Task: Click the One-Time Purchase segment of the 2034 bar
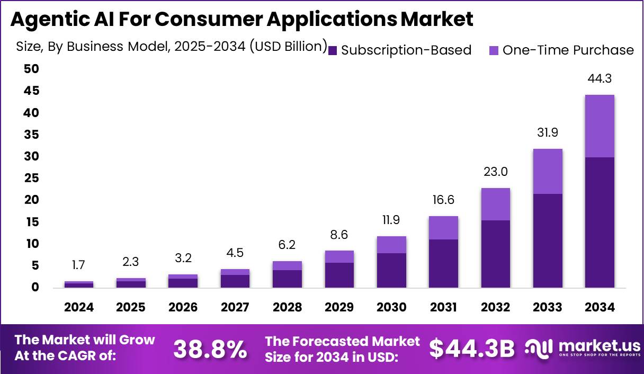pos(600,126)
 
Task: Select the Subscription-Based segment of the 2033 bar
pos(548,241)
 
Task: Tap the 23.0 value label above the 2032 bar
pos(496,172)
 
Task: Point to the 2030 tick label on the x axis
pos(391,308)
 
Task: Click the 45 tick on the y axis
pos(31,91)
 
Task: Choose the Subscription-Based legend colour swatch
pos(333,50)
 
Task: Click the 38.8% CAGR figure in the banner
pos(210,349)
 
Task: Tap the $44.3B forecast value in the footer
pos(472,349)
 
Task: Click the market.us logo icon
pos(539,348)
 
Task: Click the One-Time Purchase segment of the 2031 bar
pos(443,228)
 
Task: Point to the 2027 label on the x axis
pos(235,308)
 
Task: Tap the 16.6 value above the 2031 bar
pos(443,200)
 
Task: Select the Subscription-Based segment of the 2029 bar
pos(339,275)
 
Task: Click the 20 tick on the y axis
pos(31,200)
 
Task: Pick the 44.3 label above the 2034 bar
pos(600,79)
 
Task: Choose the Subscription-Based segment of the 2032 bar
pos(496,254)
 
